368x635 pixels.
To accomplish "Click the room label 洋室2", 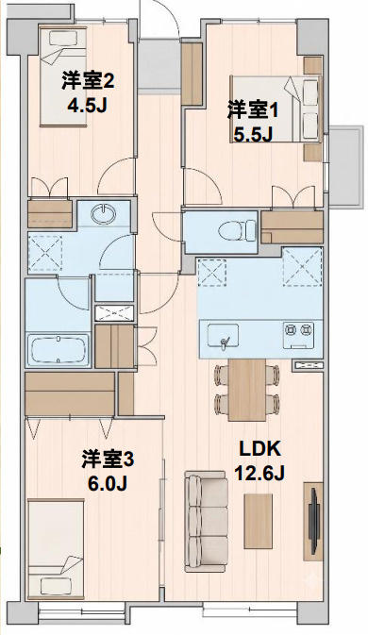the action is (88, 81).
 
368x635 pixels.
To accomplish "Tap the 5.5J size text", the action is (253, 134).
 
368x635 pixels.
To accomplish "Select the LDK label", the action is (259, 449).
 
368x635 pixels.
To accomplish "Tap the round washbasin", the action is (104, 214).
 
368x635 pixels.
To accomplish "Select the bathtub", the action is (58, 350).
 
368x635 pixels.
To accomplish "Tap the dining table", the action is (247, 390).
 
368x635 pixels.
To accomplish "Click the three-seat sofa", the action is (206, 521).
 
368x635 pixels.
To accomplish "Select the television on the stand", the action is (314, 521).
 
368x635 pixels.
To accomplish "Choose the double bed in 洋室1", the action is (276, 109).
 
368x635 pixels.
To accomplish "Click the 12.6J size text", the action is (259, 473).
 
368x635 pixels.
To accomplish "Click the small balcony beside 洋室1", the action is (346, 167).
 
